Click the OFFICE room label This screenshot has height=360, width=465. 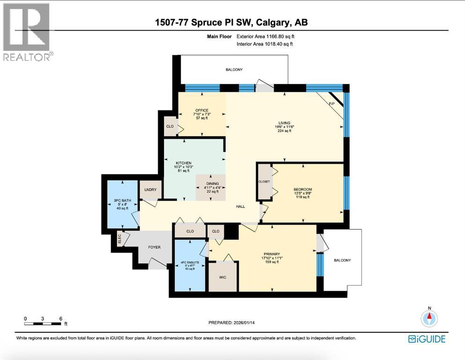pos(202,111)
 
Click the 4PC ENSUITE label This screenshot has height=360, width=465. pos(190,263)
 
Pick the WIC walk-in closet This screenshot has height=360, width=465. pos(223,277)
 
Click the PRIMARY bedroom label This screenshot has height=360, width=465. pos(271,256)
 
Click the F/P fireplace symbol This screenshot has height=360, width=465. pos(333,103)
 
